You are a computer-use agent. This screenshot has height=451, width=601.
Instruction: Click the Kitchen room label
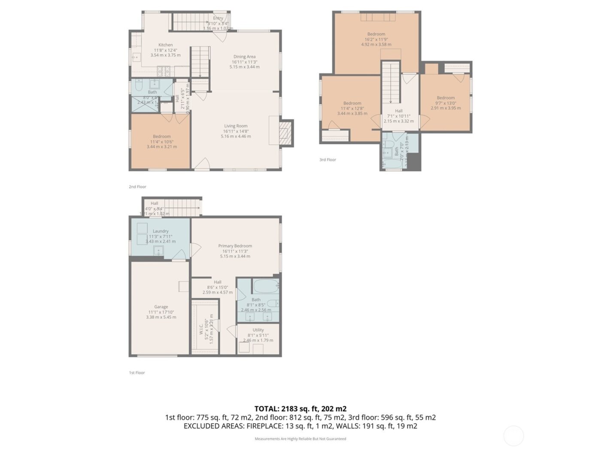pyautogui.click(x=165, y=45)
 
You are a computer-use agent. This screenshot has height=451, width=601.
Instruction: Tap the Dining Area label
pyautogui.click(x=244, y=56)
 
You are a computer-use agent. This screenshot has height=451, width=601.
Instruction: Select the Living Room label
pyautogui.click(x=236, y=126)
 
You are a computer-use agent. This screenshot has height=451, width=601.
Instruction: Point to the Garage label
pyautogui.click(x=161, y=307)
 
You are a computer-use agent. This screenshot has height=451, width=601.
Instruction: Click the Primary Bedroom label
pyautogui.click(x=235, y=246)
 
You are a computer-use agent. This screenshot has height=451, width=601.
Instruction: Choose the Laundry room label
pyautogui.click(x=161, y=231)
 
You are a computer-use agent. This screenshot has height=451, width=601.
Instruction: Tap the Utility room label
pyautogui.click(x=258, y=330)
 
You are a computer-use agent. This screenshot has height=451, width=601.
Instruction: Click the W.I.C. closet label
pyautogui.click(x=201, y=329)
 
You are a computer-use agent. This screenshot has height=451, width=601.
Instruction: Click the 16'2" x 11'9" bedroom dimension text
pyautogui.click(x=376, y=39)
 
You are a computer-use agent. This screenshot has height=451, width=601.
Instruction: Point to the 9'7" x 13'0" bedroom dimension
pyautogui.click(x=446, y=103)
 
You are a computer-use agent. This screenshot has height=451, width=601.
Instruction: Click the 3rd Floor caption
pyautogui.click(x=328, y=160)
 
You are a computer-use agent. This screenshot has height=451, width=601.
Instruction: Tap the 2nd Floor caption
pyautogui.click(x=137, y=187)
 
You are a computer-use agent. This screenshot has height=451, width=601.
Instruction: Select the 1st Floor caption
pyautogui.click(x=137, y=373)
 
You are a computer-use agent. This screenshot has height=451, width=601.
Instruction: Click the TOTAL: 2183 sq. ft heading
pyautogui.click(x=300, y=409)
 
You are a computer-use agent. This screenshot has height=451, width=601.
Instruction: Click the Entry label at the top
pyautogui.click(x=218, y=18)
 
